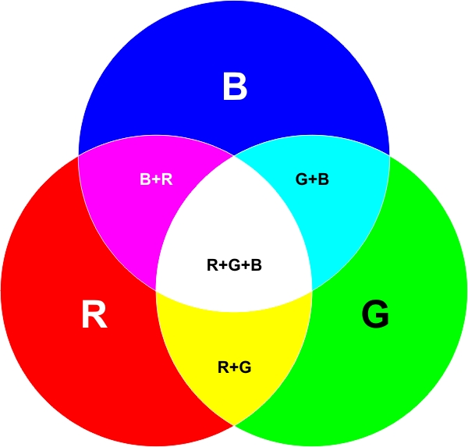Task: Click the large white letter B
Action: coord(235,87)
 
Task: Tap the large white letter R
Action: coord(94,314)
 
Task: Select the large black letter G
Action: coord(375,314)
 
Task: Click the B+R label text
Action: coord(156,179)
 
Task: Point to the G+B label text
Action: coord(312,179)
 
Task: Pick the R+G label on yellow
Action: coord(234,367)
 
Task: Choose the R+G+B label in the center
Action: coord(234,265)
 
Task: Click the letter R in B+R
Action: coord(167,179)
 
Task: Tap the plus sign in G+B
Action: coord(313,179)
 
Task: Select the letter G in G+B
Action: coord(302,179)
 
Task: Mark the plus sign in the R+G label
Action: coord(234,367)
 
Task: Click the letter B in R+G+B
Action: coord(257,265)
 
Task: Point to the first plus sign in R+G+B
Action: coord(223,265)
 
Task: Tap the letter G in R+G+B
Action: coord(234,265)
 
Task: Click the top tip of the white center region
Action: coord(234,155)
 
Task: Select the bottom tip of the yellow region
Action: coord(234,424)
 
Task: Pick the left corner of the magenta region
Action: coord(79,155)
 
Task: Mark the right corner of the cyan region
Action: coord(389,155)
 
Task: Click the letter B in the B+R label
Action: coord(145,179)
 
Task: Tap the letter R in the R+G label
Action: coord(224,367)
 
